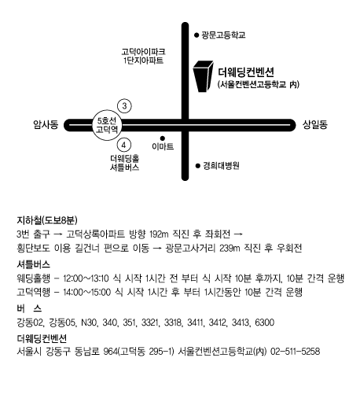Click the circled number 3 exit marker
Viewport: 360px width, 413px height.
tap(124, 106)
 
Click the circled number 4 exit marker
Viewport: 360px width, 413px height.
tap(124, 145)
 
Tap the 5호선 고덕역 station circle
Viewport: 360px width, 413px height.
tap(107, 125)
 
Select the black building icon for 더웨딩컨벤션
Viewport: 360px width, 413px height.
tap(203, 76)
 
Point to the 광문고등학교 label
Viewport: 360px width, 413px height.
tap(223, 35)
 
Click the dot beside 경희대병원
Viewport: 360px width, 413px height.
tap(198, 166)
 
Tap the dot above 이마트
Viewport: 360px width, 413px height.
tap(163, 138)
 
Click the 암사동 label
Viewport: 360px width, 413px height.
tap(46, 124)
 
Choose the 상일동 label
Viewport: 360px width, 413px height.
tap(314, 124)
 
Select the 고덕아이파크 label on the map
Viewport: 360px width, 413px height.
tap(143, 51)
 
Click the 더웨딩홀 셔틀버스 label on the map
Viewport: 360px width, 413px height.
tap(124, 163)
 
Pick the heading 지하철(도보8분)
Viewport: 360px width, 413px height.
tap(47, 220)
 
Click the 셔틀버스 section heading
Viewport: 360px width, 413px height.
tap(34, 264)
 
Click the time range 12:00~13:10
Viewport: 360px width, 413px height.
tap(86, 278)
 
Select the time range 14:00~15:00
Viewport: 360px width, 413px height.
tap(86, 293)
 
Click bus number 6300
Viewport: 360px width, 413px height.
tap(265, 323)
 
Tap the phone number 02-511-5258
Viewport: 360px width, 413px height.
tap(296, 352)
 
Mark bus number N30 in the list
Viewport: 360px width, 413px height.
tap(89, 323)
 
